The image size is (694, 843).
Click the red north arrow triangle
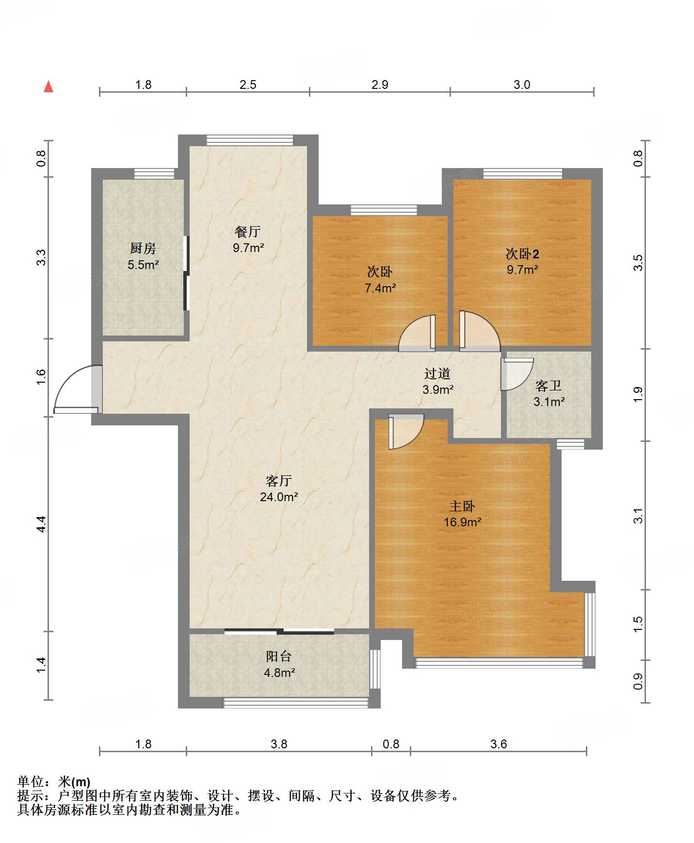point(48,87)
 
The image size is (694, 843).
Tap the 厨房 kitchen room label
point(143,256)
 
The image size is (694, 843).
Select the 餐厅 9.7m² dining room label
point(248,239)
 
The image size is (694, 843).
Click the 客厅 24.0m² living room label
point(279,489)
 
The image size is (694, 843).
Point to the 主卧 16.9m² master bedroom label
point(462,514)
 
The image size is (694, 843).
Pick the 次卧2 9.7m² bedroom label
point(522,261)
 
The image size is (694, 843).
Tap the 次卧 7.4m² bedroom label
point(380,280)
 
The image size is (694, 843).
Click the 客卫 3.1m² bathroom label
point(549,394)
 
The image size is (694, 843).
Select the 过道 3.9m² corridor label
point(438,381)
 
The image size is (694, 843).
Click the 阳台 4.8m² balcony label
point(279,664)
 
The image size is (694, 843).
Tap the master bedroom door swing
point(405,430)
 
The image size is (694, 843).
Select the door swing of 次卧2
point(478,332)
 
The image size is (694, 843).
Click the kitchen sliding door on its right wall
point(186,273)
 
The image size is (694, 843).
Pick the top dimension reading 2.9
point(380,85)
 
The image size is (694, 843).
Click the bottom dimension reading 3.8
point(279,744)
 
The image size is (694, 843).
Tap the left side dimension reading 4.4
point(42,523)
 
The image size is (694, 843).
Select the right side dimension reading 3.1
point(638,515)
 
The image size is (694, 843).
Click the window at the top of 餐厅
point(250,140)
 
